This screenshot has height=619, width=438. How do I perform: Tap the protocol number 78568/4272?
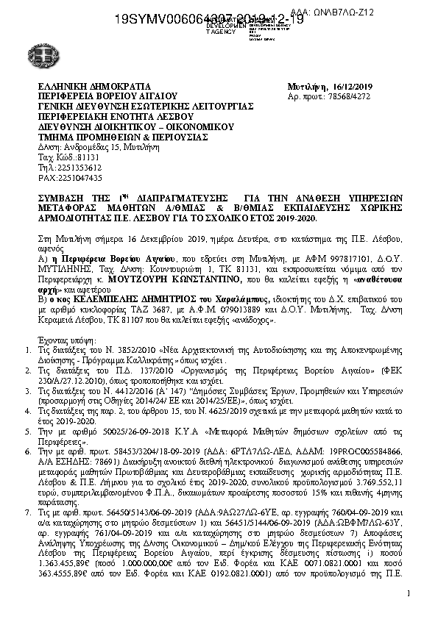(339, 96)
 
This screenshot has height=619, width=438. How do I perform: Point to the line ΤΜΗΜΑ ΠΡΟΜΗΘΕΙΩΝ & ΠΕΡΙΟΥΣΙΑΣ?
(114, 137)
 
